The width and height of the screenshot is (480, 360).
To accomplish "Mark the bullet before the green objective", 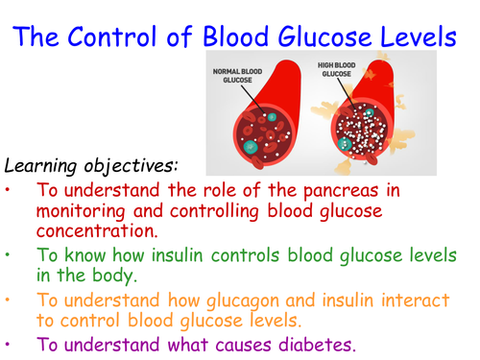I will pos(12,255).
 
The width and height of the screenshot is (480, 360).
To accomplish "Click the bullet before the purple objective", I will pos(12,344).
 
